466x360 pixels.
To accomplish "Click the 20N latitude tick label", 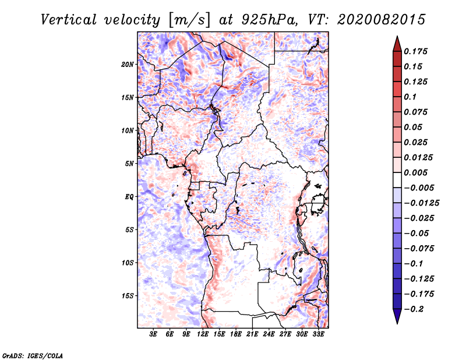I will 128,64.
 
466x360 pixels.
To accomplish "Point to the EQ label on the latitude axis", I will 129,197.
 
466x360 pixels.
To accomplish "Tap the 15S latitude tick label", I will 128,296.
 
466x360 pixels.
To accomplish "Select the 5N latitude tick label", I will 129,164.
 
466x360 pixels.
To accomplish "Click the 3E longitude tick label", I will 154,335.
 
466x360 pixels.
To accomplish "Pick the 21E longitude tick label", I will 253,335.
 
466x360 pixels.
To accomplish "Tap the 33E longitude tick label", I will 319,335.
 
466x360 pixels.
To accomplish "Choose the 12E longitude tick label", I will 203,335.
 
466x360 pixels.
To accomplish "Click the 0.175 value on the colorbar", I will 416,51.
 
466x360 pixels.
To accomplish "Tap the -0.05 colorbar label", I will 416,233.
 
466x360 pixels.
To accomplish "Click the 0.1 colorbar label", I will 411,97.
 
